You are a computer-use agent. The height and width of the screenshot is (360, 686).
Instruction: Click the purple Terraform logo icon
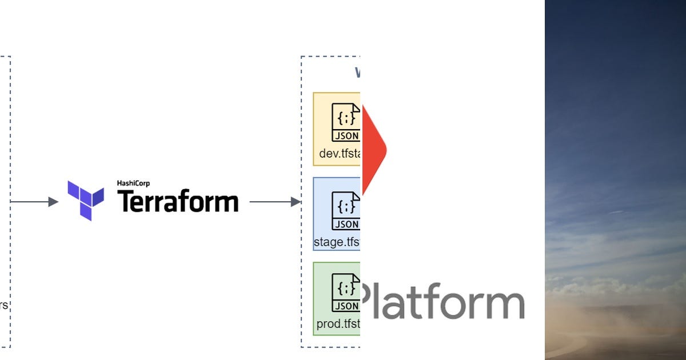coord(86,200)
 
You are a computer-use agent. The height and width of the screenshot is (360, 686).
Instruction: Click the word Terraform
coord(178,202)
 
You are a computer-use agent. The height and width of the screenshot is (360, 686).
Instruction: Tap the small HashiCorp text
coord(134,183)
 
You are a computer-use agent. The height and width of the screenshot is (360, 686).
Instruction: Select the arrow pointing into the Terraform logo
coord(34,202)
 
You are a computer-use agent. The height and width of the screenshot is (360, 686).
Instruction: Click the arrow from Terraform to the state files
coord(275,202)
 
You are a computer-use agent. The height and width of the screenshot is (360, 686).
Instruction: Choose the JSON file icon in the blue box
coord(346,210)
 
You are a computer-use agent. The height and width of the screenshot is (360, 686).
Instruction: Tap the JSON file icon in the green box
coord(346,293)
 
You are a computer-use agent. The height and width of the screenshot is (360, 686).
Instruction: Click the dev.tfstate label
coord(340,154)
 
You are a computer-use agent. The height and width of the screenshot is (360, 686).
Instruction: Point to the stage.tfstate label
coord(337,242)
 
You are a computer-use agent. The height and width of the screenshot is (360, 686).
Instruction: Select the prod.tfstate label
coord(338,325)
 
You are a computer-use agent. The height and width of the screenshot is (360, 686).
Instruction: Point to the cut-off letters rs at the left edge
coord(3,305)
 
